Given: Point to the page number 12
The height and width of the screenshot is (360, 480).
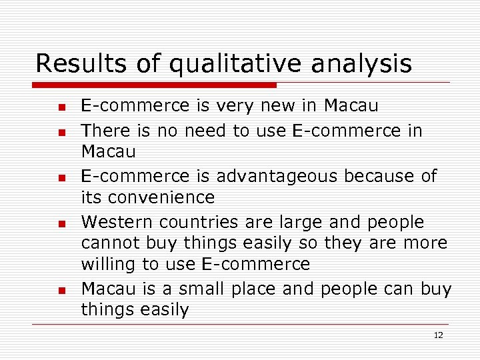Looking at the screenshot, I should [438, 335].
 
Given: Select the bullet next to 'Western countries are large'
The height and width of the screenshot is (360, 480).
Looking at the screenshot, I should [60, 223].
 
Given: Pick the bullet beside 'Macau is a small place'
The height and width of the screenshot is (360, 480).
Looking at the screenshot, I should [60, 290].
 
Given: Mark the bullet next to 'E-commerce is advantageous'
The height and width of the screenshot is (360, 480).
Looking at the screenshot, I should [60, 178].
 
